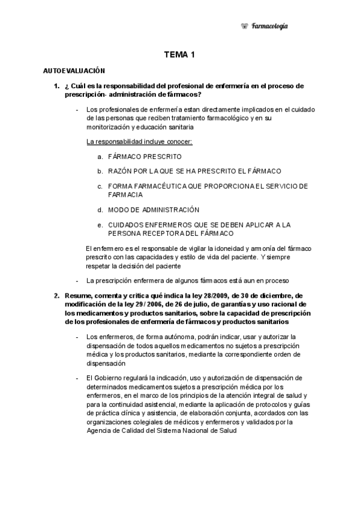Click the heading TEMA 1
coord(180,55)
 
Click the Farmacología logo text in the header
coord(269,26)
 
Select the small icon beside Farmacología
coord(244,26)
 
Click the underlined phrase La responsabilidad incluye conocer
coord(140,142)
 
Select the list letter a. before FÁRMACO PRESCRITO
coord(100,156)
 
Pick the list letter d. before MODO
coord(100,209)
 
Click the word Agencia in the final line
coord(98,430)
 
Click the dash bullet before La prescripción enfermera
coord(77,280)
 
